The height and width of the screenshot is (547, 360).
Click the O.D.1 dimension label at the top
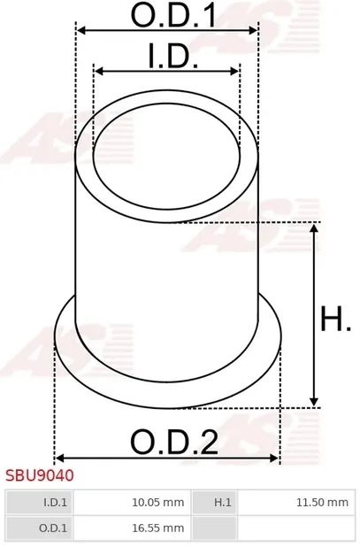point(173,16)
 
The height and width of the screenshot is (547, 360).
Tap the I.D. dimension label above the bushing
point(173,56)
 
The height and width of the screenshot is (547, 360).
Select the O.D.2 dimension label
point(174,442)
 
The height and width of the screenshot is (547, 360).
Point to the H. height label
point(335,319)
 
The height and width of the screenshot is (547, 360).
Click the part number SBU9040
point(40,475)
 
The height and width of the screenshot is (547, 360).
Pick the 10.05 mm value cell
point(132,503)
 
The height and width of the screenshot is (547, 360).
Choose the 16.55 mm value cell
point(132,528)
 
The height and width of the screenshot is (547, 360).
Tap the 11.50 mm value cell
point(296,503)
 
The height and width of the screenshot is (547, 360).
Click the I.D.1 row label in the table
point(39,503)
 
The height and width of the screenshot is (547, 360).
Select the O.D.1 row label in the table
point(39,528)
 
